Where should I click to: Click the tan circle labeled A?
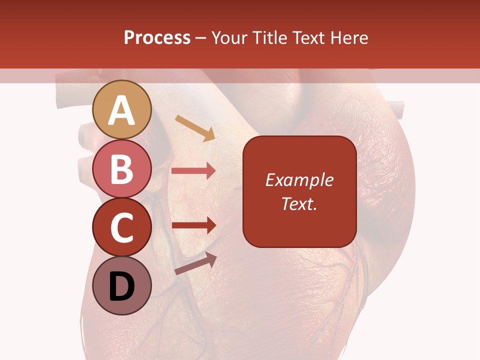pos(122,109)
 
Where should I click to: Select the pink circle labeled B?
pos(122,169)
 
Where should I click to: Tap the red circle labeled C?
pos(122,227)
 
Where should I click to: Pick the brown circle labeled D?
pos(122,286)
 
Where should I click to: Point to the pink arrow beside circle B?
pos(193,171)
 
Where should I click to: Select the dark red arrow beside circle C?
pos(193,225)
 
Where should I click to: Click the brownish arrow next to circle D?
pos(195,264)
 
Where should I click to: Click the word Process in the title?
pos(157,38)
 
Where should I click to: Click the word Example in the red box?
pos(299,180)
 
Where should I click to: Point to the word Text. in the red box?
pos(299,203)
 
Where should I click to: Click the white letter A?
pos(122,110)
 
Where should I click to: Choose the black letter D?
pos(122,286)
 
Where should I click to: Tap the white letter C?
pos(122,228)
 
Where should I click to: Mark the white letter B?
pos(122,169)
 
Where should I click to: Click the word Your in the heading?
pos(229,38)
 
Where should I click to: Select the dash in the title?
pos(201,38)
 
